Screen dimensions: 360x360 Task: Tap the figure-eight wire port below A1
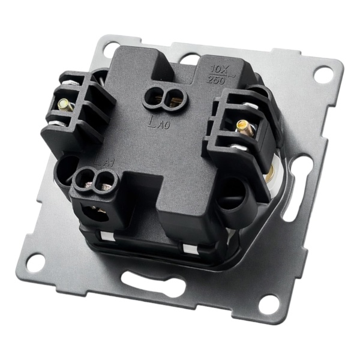point(97,179)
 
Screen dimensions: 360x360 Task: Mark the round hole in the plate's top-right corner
point(323,75)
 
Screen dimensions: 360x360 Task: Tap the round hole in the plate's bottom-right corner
point(268,303)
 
